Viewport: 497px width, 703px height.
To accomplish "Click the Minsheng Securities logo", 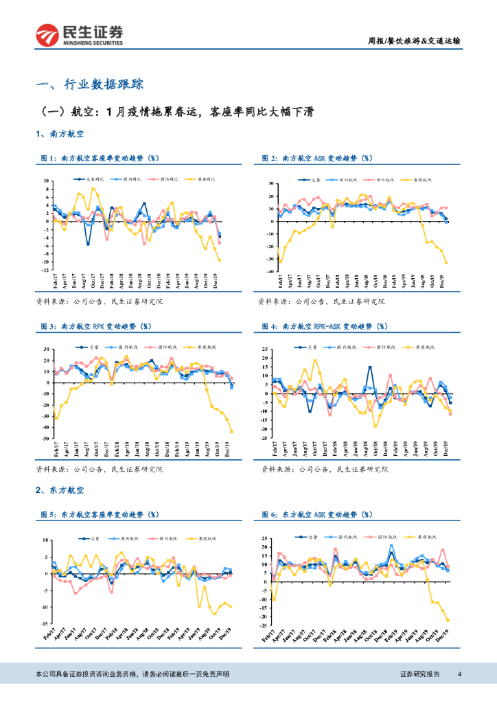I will (80, 35).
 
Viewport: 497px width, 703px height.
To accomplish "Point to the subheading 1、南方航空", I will (60, 134).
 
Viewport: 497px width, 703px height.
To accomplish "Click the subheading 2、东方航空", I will (60, 490).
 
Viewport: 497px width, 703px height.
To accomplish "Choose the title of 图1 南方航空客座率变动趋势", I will (103, 159).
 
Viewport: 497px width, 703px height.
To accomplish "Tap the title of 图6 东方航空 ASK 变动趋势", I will (319, 514).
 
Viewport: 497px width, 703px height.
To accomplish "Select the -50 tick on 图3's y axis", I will (45, 438).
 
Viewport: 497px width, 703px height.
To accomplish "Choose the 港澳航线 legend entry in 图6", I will (427, 538).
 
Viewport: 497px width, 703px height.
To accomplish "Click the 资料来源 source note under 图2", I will (321, 301).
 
